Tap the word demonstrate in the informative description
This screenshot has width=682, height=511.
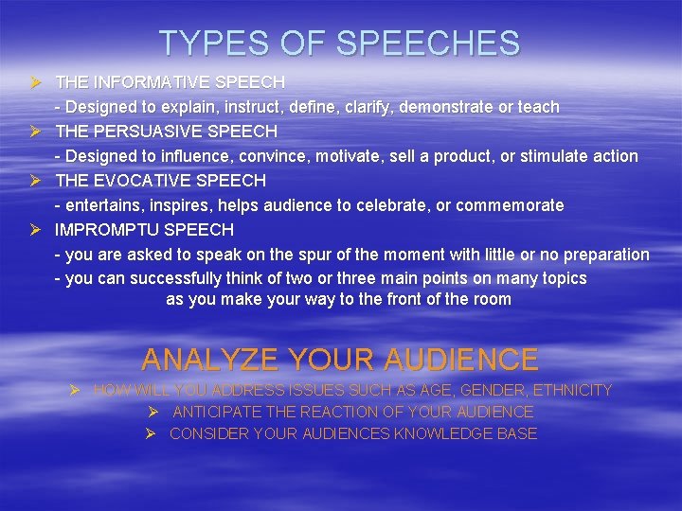446,107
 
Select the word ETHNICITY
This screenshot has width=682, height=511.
573,390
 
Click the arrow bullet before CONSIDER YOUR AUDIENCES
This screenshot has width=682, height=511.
151,433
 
